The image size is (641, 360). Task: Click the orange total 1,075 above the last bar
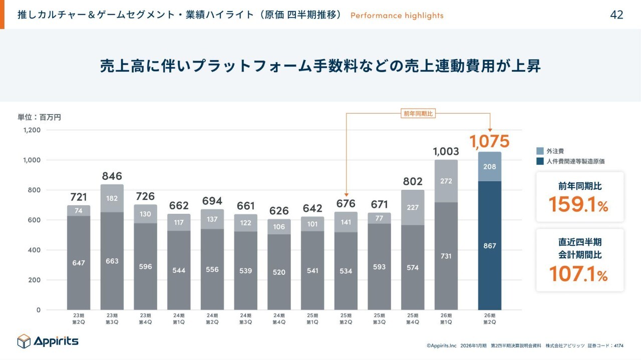[489, 142]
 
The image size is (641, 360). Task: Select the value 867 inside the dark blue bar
[489, 246]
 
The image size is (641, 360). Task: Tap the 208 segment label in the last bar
[489, 167]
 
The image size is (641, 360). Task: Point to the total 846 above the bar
[112, 176]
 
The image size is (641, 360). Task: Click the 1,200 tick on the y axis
[32, 130]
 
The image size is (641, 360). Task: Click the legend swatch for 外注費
[540, 151]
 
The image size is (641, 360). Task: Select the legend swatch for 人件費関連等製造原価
[540, 161]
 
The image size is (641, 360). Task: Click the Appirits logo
[48, 341]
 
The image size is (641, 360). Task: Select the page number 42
[616, 15]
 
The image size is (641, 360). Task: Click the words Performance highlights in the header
[397, 16]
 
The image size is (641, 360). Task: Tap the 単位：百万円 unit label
[40, 117]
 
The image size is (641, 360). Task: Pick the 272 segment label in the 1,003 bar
[446, 181]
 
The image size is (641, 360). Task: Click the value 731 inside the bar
[446, 256]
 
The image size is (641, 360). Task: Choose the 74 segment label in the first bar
[79, 211]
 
